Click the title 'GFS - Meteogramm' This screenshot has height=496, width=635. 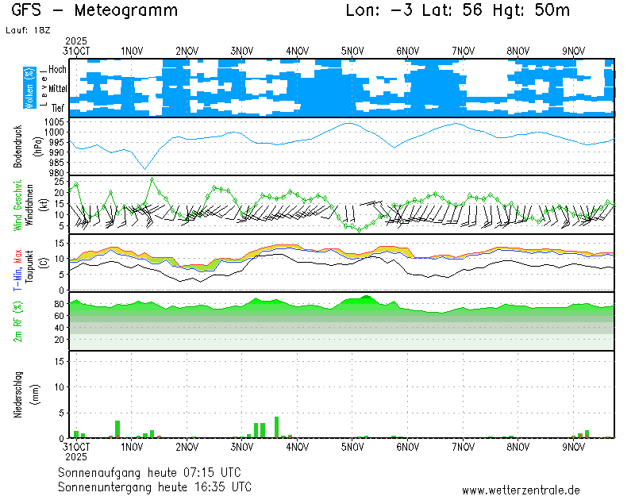pyautogui.click(x=94, y=10)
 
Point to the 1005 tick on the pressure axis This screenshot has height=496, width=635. pyautogui.click(x=55, y=122)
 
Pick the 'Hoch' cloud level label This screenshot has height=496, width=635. pyautogui.click(x=57, y=70)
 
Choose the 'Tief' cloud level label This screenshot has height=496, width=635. pyautogui.click(x=58, y=106)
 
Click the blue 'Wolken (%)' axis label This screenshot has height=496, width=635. pyautogui.click(x=29, y=87)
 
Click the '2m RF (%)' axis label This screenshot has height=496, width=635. pyautogui.click(x=18, y=322)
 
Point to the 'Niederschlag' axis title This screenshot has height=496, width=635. pyautogui.click(x=18, y=394)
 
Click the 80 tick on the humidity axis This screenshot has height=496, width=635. pyautogui.click(x=60, y=303)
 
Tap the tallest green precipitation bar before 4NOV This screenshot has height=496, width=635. pyautogui.click(x=276, y=427)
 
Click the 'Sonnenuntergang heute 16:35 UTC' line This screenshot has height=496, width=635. pyautogui.click(x=155, y=486)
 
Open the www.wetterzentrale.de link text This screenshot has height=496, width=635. pyautogui.click(x=521, y=490)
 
